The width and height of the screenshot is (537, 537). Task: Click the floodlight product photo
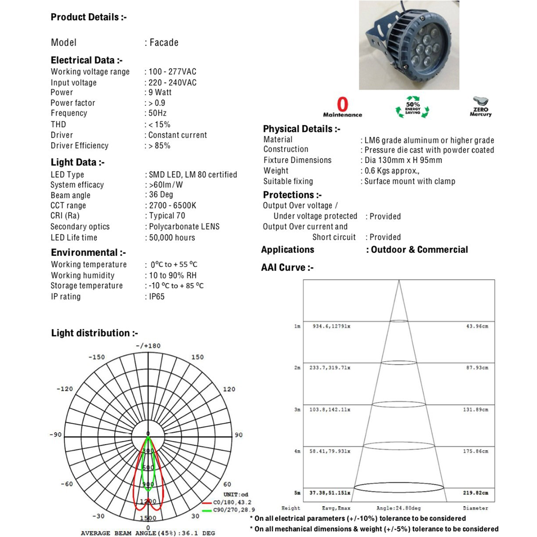pyautogui.click(x=409, y=45)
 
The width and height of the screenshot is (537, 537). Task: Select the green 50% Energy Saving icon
pyautogui.click(x=413, y=106)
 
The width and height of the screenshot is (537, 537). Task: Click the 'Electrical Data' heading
pyautogui.click(x=86, y=61)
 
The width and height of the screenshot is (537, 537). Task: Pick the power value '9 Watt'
pyautogui.click(x=160, y=92)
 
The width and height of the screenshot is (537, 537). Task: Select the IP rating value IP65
pyautogui.click(x=157, y=296)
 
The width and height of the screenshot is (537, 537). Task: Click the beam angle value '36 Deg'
pyautogui.click(x=161, y=195)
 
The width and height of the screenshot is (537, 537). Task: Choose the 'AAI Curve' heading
pyautogui.click(x=287, y=268)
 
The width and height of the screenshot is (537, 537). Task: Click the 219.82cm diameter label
pyautogui.click(x=475, y=493)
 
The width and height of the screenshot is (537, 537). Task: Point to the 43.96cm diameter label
pyautogui.click(x=476, y=326)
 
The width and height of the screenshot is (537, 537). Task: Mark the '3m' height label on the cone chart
pyautogui.click(x=297, y=410)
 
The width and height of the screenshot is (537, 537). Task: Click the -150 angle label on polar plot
pyautogui.click(x=97, y=357)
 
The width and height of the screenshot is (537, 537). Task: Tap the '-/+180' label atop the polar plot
pyautogui.click(x=148, y=346)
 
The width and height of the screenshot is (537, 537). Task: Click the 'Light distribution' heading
pyautogui.click(x=94, y=333)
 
